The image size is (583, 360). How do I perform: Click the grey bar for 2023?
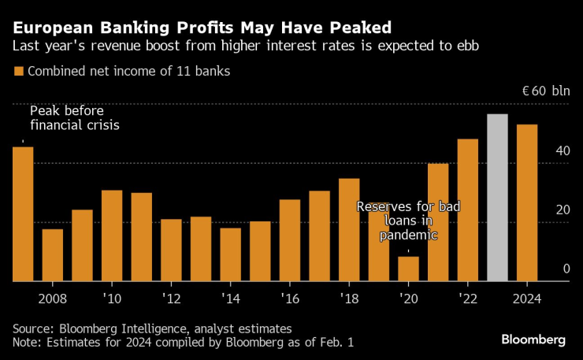(497, 198)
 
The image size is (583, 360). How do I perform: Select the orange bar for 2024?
(527, 202)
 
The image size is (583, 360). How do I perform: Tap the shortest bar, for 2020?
(408, 269)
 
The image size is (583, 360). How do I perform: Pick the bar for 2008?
(53, 254)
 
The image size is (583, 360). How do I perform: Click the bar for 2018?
(349, 229)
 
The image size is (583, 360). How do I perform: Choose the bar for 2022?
(468, 210)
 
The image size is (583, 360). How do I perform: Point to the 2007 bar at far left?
(23, 213)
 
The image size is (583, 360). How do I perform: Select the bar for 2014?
(230, 254)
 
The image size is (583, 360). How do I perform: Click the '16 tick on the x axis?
(289, 299)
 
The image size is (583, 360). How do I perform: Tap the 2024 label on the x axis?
(527, 299)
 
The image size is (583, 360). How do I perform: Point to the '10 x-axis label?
(112, 299)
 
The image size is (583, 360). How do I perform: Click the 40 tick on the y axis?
(561, 150)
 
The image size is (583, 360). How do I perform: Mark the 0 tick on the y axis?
(566, 269)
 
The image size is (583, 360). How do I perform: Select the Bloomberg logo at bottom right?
(533, 340)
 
